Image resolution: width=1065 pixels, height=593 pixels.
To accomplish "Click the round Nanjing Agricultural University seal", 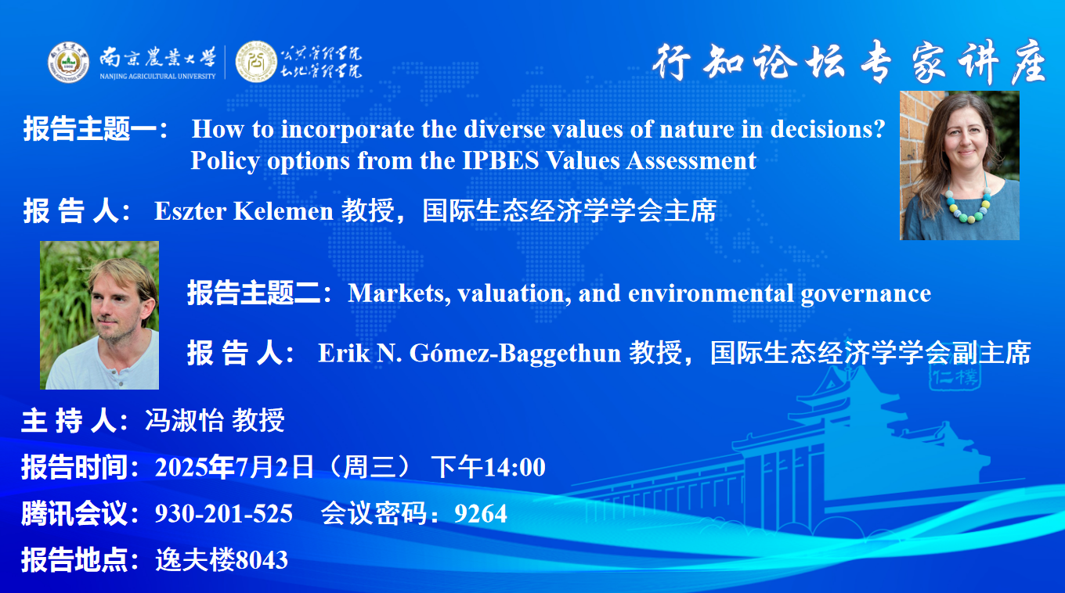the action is click(x=68, y=63).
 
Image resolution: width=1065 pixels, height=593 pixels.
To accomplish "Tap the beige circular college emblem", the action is click(x=256, y=62).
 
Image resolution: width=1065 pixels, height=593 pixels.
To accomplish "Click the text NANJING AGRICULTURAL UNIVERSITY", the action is click(x=157, y=76).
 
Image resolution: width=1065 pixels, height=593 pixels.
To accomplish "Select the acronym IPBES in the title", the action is click(x=500, y=160).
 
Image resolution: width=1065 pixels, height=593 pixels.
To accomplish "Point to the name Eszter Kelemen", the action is click(x=244, y=211).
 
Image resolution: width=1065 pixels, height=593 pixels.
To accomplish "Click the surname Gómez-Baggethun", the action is click(x=515, y=354).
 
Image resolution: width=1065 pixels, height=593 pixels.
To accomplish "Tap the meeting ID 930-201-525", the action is click(x=223, y=514).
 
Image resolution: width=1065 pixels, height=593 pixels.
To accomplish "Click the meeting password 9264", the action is click(x=481, y=514).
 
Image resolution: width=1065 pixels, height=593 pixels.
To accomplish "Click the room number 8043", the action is click(x=262, y=559).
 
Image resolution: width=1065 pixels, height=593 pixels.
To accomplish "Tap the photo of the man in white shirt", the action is click(x=99, y=315).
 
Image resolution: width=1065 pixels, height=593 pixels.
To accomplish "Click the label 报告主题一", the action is click(x=90, y=129).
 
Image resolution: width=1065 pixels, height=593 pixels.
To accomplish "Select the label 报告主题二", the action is click(x=254, y=293).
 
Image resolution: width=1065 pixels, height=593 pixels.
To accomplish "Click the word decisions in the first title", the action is click(x=828, y=129).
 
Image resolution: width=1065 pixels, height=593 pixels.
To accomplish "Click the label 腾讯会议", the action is click(x=74, y=514).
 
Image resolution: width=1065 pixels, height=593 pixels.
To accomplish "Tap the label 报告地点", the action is click(x=74, y=559).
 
